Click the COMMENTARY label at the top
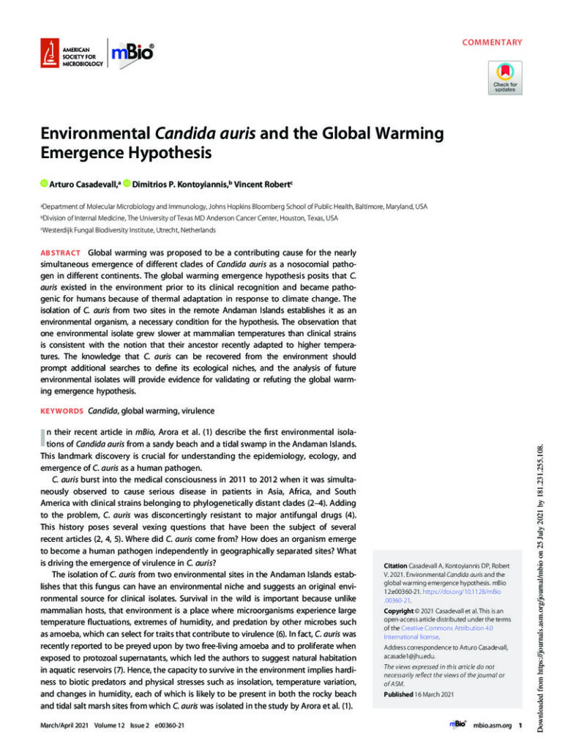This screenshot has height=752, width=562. (x=492, y=42)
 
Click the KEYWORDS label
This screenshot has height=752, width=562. (x=60, y=411)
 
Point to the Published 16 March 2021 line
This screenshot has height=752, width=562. (x=418, y=695)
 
